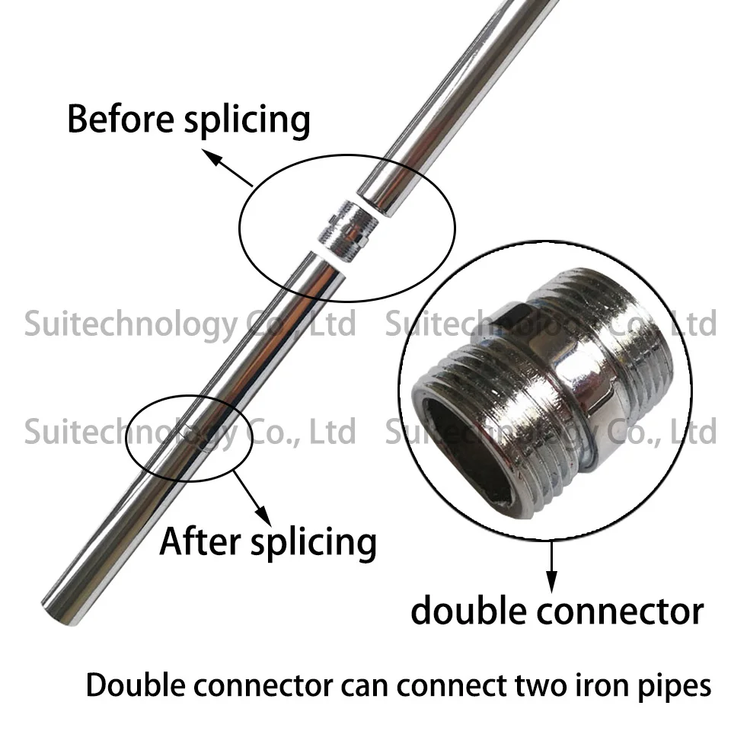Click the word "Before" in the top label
[121, 119]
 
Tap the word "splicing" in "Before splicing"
[247, 121]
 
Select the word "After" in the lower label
[200, 541]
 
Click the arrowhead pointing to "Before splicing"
[210, 156]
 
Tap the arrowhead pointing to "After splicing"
[263, 517]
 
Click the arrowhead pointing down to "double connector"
[552, 583]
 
